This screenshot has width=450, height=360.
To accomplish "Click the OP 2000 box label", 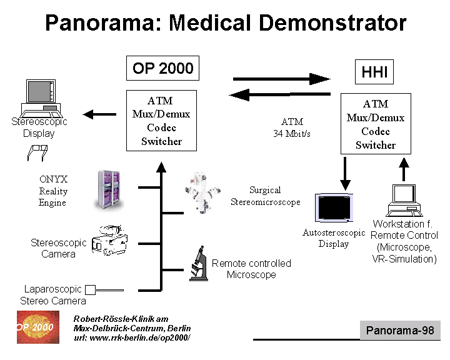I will (163, 68).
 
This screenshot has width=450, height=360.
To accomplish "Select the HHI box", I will (374, 72).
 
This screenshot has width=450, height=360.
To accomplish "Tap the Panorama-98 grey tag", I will (400, 330).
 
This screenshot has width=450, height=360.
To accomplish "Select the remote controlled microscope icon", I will (199, 264).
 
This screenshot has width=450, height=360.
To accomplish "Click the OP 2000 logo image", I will (35, 326).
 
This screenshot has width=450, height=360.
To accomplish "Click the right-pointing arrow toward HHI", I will (281, 79).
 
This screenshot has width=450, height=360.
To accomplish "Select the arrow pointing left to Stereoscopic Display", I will (100, 114).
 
